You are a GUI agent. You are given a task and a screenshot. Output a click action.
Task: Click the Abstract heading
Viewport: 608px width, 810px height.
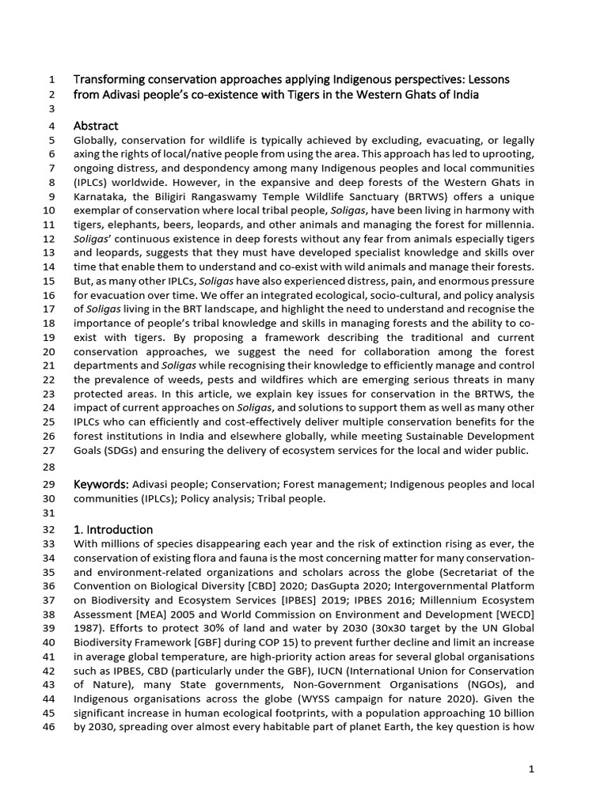point(96,126)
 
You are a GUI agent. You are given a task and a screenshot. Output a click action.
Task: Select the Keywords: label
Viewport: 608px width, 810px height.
point(101,483)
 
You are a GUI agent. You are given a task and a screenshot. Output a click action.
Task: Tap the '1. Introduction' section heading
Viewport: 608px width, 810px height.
point(113,529)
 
